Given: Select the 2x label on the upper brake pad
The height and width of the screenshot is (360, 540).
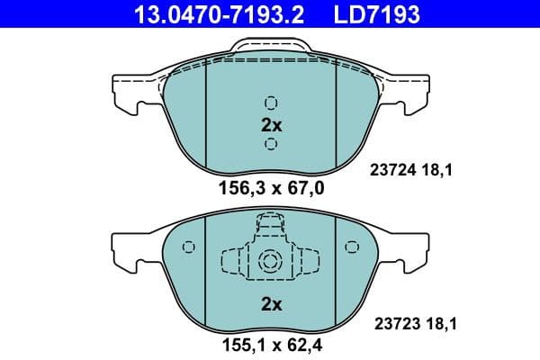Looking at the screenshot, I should (271, 125).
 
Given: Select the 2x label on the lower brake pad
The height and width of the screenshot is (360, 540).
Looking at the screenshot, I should (271, 304).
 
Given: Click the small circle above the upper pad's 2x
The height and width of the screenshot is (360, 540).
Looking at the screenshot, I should (271, 103).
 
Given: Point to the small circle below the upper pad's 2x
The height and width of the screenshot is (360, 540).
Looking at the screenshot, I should (271, 145).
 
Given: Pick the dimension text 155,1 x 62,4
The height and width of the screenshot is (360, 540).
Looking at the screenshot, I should (271, 344).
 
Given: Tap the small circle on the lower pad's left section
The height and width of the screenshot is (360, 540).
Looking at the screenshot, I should (188, 247).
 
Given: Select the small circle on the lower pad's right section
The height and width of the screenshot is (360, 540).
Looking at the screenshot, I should (353, 247).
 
